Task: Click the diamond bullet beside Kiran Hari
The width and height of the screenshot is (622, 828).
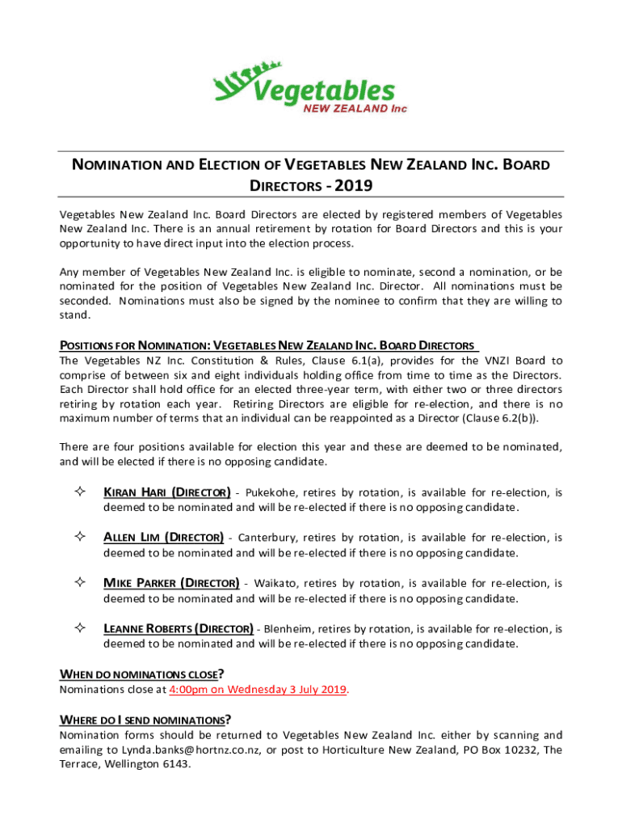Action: (80, 492)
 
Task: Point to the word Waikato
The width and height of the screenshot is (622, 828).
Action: (276, 583)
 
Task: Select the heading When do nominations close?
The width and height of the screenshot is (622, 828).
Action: (142, 674)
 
